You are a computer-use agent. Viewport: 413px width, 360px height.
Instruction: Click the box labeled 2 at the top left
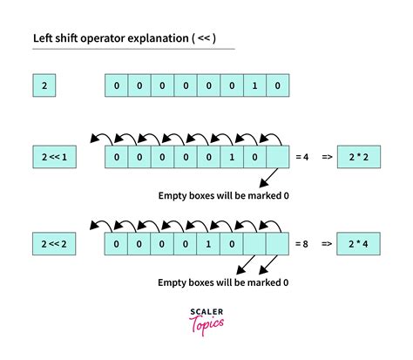click(45, 86)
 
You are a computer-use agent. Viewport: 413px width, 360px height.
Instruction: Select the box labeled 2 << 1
click(51, 157)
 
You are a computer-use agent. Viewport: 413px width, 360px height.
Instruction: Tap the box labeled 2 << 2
click(51, 242)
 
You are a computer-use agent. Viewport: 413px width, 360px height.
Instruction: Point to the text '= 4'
click(302, 157)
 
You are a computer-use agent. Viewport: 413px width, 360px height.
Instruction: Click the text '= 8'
click(302, 242)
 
